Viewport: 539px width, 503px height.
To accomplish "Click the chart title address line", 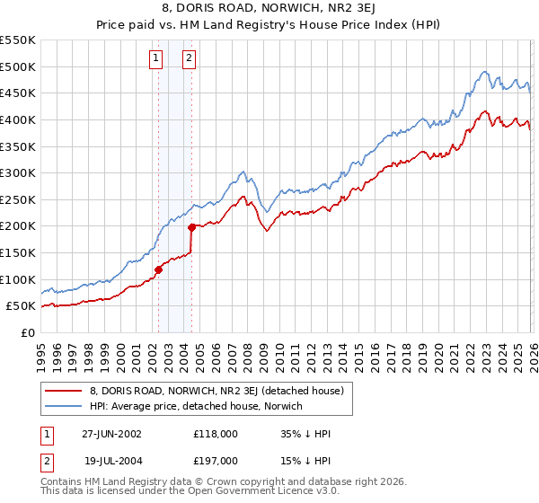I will tap(269, 8).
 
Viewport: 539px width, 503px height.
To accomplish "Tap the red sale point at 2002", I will tap(159, 269).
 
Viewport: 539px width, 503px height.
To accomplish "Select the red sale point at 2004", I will tap(191, 227).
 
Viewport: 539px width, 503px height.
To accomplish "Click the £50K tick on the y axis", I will tap(21, 305).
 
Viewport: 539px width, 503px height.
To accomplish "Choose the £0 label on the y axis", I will tap(29, 332).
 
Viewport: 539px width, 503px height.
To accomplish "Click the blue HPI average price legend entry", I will tap(197, 407).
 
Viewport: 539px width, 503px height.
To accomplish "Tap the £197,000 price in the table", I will tap(216, 460).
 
